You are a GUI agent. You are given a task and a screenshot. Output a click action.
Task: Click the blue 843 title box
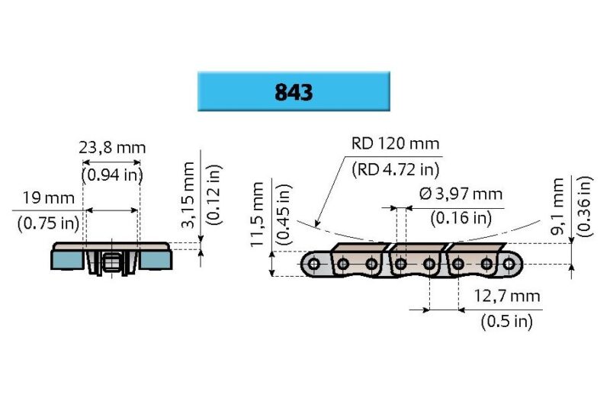(x=294, y=91)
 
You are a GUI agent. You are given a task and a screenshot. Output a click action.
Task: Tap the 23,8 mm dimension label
(x=112, y=148)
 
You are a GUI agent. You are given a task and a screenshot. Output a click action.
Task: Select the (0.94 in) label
(x=112, y=175)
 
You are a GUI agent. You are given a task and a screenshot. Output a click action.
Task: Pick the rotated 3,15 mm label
(x=189, y=196)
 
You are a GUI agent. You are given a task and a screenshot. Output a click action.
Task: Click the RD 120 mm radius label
(x=396, y=144)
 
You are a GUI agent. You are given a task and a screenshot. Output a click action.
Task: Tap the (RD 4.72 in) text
(x=396, y=170)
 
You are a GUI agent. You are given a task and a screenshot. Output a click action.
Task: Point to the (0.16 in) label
(x=460, y=219)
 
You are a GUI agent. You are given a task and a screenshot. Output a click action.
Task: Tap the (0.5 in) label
(x=506, y=322)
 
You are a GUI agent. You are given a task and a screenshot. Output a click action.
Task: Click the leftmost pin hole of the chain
(x=313, y=265)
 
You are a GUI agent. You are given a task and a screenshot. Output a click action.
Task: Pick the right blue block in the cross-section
(x=156, y=259)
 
